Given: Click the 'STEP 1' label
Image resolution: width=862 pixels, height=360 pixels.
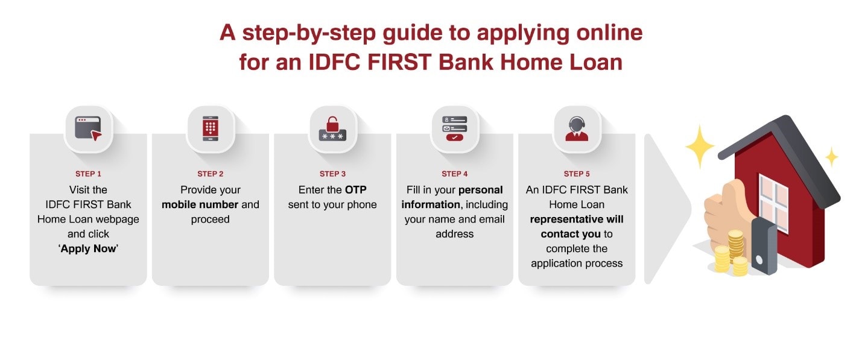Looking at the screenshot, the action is [x=88, y=174].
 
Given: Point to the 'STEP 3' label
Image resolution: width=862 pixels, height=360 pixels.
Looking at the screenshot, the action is [x=332, y=174].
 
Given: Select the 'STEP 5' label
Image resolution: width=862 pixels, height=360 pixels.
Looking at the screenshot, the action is [x=577, y=174].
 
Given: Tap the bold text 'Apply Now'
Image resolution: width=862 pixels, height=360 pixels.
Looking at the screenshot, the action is [x=88, y=248].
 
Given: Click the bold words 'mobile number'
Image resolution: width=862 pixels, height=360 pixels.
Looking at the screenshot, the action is [x=200, y=204].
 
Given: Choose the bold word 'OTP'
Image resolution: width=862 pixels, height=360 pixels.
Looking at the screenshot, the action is [x=355, y=190].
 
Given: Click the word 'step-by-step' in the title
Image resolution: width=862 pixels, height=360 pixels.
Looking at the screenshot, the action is [x=307, y=33].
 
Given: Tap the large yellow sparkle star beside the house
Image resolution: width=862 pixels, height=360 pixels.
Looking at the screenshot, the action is [x=699, y=147].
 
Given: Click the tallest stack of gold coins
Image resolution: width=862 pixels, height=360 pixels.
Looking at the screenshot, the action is [x=735, y=244].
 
